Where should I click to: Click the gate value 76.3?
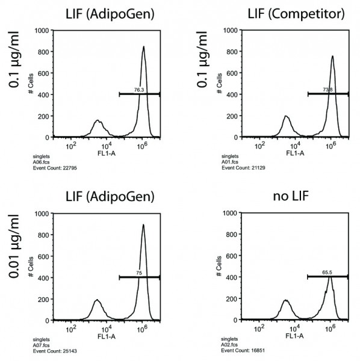pyautogui.click(x=139, y=90)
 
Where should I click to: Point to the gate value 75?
pyautogui.click(x=139, y=273)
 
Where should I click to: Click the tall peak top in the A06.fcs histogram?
pyautogui.click(x=143, y=47)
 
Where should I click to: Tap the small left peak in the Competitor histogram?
pyautogui.click(x=286, y=117)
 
